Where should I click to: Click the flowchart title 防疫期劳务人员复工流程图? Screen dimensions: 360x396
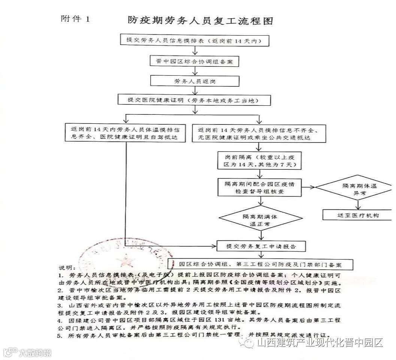200,20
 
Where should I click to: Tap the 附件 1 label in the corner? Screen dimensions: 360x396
75,19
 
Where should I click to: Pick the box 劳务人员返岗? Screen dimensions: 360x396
194,80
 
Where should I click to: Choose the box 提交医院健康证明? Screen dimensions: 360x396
194,100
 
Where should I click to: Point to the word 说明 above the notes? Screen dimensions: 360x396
67,268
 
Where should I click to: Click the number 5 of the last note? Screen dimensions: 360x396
60,335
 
